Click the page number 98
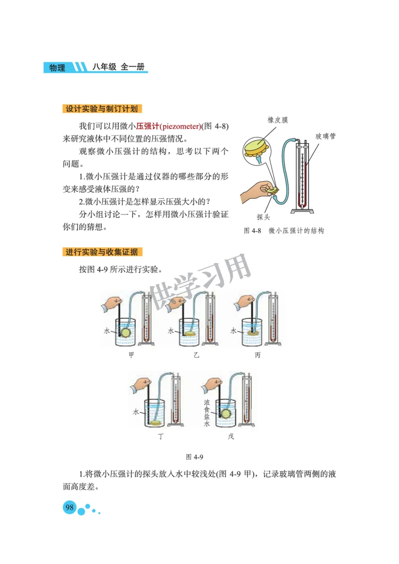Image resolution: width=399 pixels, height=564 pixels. point(69,508)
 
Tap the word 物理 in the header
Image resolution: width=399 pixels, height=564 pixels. point(57,68)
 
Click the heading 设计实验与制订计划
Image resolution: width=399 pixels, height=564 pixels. point(102,109)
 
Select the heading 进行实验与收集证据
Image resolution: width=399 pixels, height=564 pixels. point(102,252)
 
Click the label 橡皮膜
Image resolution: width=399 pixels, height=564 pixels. point(277,120)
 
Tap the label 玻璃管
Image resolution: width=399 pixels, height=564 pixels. point(325,136)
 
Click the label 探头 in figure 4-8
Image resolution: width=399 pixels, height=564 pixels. point(263,217)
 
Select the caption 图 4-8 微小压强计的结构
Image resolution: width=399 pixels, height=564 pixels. point(284,231)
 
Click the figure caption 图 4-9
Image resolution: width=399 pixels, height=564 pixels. point(195,456)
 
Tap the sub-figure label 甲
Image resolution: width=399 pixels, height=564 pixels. point(132,355)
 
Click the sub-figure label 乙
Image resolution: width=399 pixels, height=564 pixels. point(196,355)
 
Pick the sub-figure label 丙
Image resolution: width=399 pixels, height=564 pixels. point(258,355)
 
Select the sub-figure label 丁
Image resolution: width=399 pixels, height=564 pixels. point(161,436)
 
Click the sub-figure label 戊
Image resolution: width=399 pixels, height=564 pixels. point(230,436)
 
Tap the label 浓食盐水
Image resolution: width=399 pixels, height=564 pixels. point(206,413)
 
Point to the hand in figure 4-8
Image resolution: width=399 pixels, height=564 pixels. point(254,192)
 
